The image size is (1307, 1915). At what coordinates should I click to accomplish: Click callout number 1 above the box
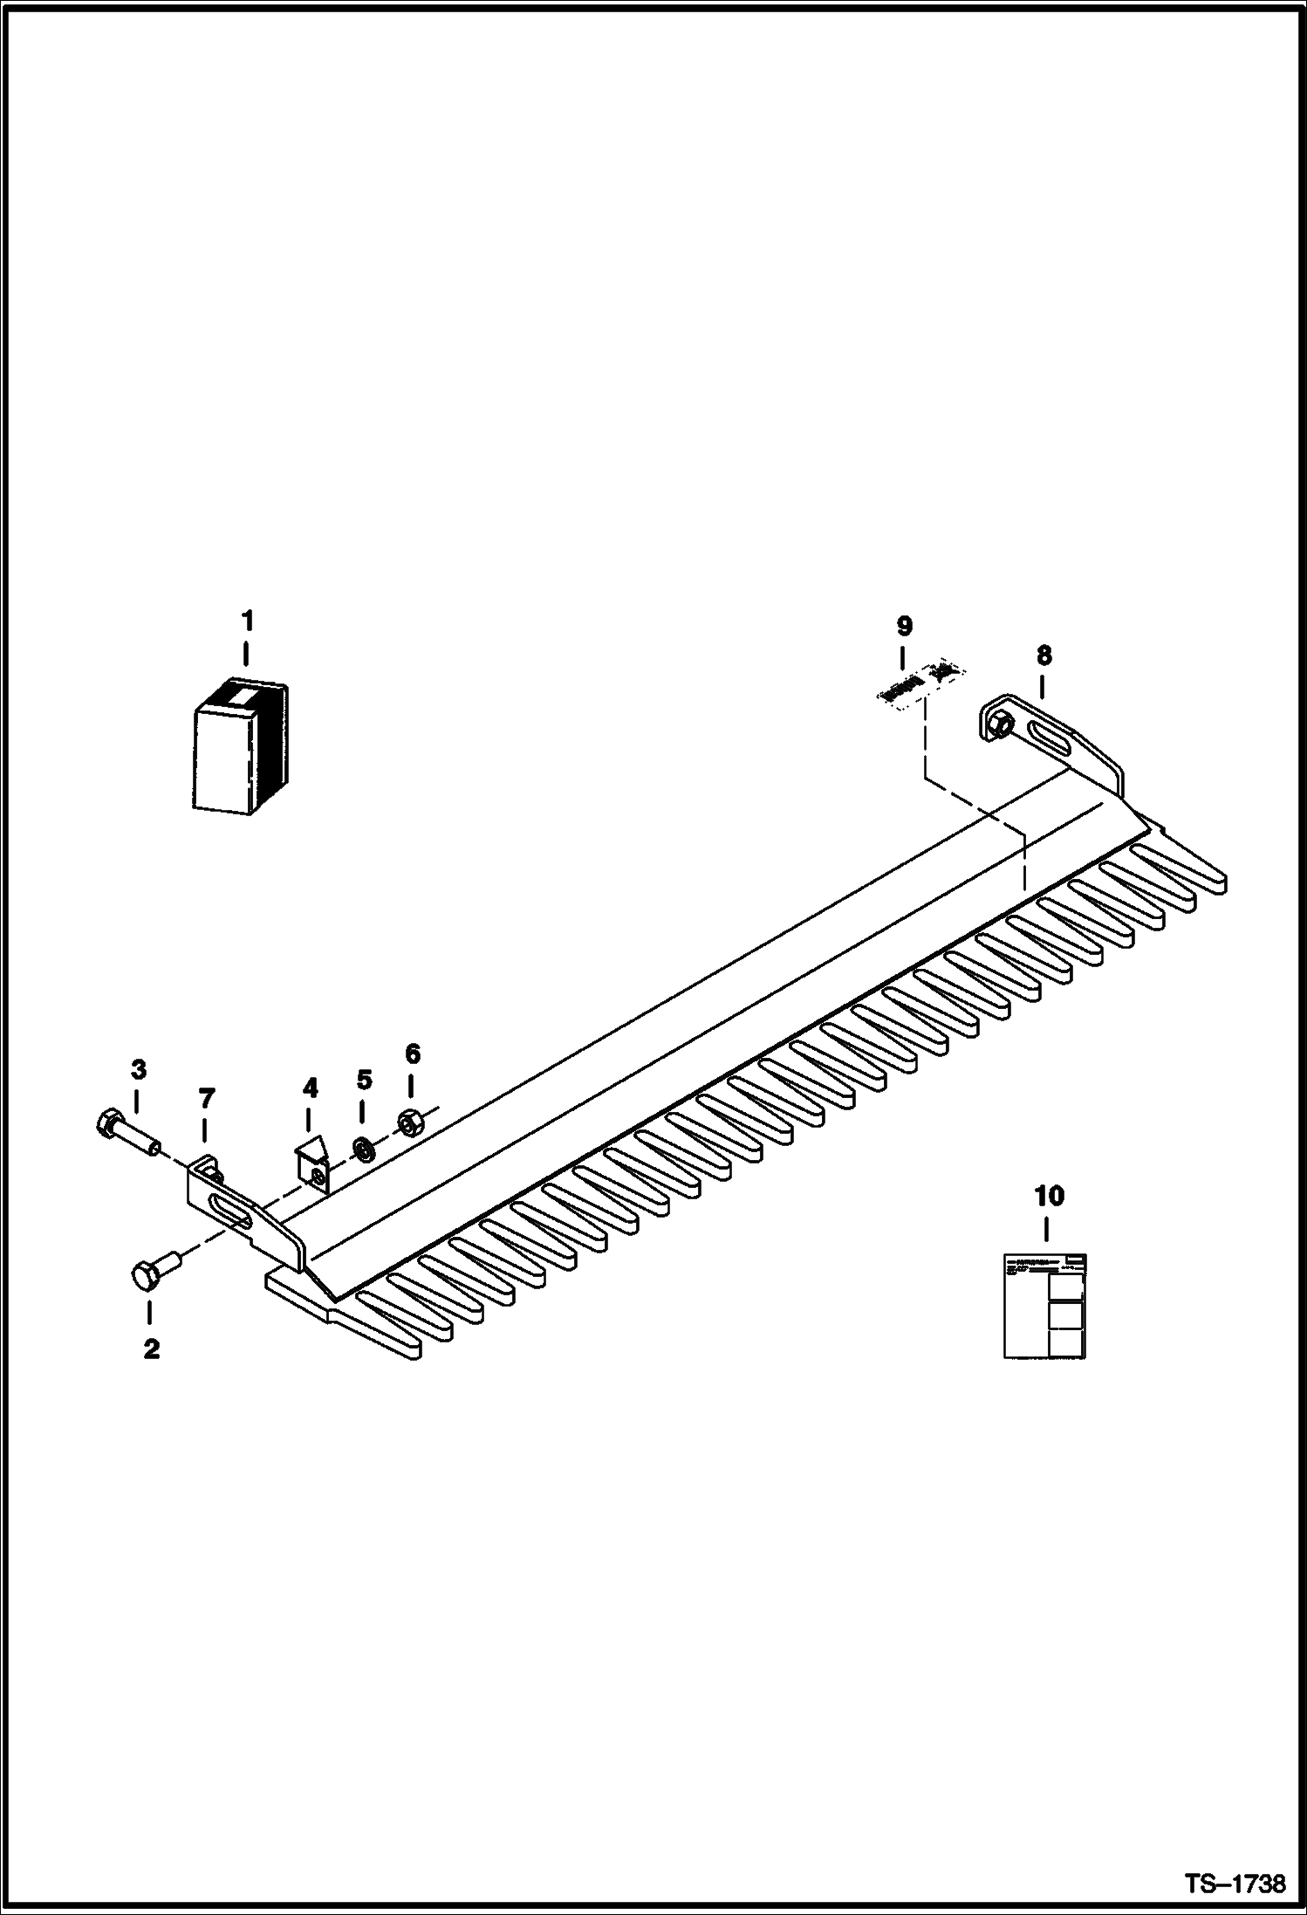(x=247, y=621)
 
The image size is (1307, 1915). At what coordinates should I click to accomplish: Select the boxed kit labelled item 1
(x=239, y=747)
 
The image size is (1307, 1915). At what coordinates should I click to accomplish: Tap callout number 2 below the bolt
(x=151, y=1349)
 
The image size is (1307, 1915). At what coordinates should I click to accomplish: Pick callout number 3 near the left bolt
(x=139, y=1069)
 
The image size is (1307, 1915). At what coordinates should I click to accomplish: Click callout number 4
(x=310, y=1088)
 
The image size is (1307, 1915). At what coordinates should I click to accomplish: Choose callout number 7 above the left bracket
(x=206, y=1098)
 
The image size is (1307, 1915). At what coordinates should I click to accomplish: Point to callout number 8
(x=1044, y=655)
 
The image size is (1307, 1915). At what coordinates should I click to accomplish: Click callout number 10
(x=1049, y=1196)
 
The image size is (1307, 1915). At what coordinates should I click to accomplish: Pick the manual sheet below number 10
(x=1044, y=1307)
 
